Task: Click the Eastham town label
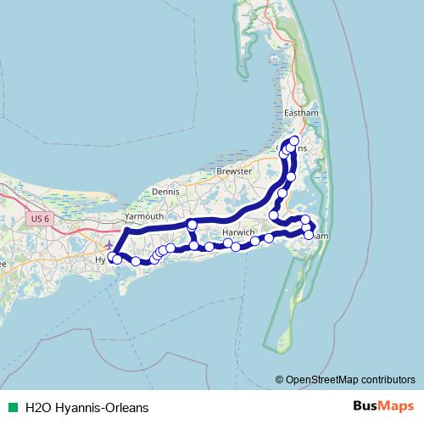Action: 301,113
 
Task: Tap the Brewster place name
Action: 235,170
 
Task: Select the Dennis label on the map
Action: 165,192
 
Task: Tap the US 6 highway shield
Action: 37,219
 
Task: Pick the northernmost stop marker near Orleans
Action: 294,140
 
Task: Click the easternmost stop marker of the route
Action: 311,226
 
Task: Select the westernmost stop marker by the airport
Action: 112,255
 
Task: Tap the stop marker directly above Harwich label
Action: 192,225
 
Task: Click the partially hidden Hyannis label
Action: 101,259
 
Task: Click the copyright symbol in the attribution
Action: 281,379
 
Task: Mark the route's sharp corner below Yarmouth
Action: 126,230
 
